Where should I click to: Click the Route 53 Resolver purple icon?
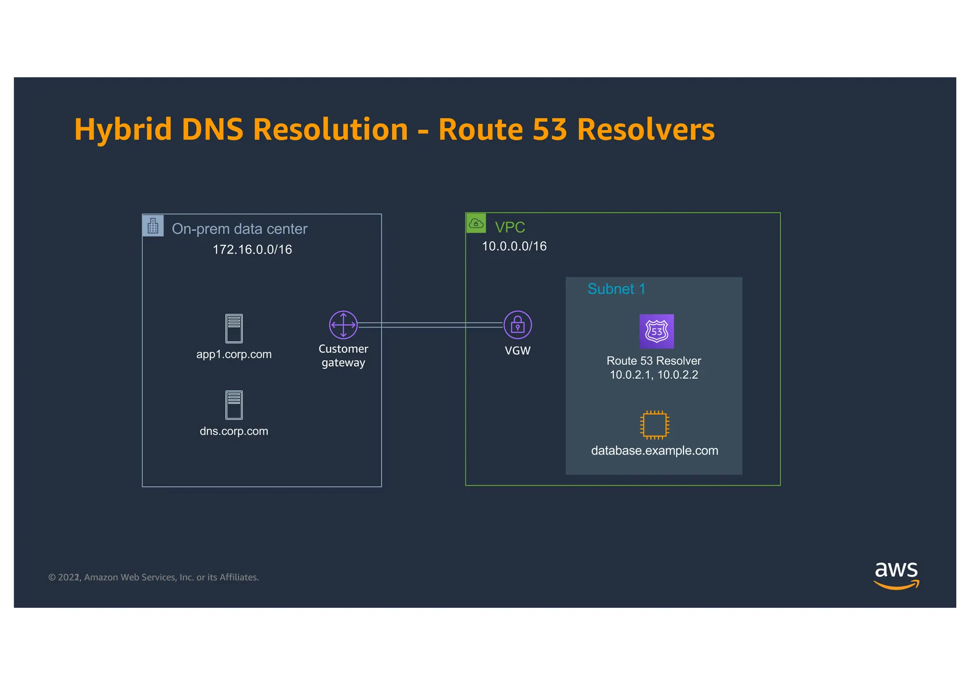[656, 331]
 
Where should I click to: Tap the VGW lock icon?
[517, 325]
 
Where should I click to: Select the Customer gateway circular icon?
[343, 325]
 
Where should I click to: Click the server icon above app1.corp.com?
[234, 328]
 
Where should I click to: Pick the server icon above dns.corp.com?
[234, 405]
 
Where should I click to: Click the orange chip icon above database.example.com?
[655, 424]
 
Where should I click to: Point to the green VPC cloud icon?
[476, 223]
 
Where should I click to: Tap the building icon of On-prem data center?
[153, 226]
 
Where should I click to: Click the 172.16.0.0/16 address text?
[252, 249]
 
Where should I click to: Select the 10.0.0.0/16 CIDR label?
[514, 246]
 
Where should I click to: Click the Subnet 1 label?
[616, 289]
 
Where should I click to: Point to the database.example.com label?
[655, 450]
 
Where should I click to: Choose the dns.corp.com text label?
[234, 431]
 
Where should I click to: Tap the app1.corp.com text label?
[234, 354]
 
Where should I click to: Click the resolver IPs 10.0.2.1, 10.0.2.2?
[654, 375]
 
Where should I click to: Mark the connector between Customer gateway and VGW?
[430, 325]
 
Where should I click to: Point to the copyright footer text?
[153, 577]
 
